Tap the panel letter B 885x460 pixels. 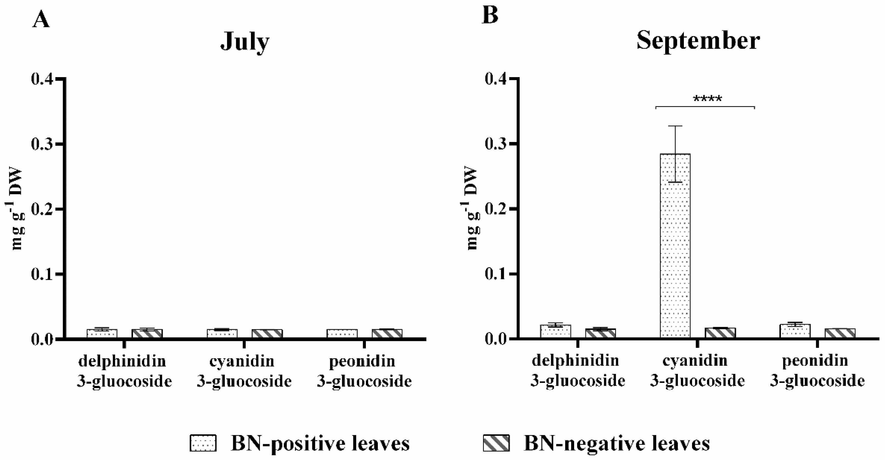click(490, 15)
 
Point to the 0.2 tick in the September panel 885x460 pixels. click(496, 209)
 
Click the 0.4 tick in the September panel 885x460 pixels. click(496, 79)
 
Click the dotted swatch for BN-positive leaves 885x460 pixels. click(203, 443)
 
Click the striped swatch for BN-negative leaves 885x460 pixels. click(496, 443)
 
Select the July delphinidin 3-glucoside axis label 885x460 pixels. click(124, 371)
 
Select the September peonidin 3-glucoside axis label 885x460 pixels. click(817, 371)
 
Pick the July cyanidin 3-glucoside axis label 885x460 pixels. click(244, 371)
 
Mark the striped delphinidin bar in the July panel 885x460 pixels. click(147, 334)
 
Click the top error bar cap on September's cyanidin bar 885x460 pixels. click(675, 126)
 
